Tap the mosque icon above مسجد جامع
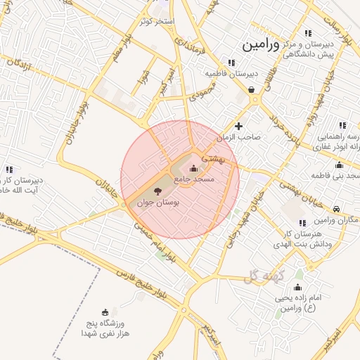[x=194, y=168]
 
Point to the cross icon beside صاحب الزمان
[x=239, y=127]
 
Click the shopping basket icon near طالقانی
[x=252, y=89]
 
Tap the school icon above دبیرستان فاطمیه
[x=232, y=63]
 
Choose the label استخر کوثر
[x=156, y=21]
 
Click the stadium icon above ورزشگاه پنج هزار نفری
[x=105, y=311]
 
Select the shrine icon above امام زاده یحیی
[x=297, y=287]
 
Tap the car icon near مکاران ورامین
[x=337, y=209]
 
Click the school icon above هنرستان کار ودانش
[x=302, y=223]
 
